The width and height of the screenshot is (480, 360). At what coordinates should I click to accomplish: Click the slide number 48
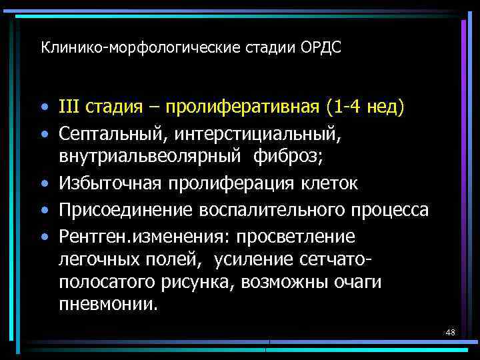point(450,331)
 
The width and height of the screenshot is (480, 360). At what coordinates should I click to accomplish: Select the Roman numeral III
point(70,107)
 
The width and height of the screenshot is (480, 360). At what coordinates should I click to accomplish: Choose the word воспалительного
point(268,211)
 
